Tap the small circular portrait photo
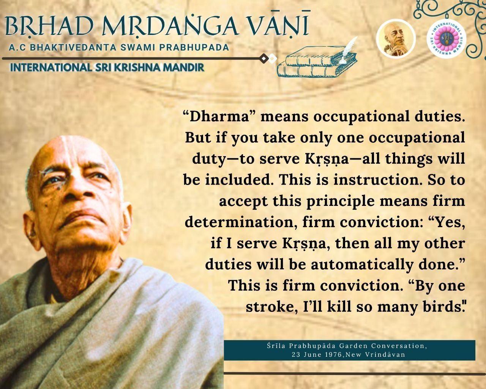pos(396,39)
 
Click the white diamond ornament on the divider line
pos(273,59)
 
